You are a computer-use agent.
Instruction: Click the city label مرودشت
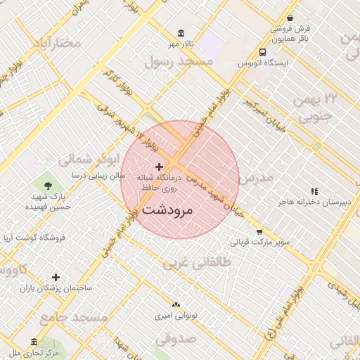pyautogui.click(x=167, y=210)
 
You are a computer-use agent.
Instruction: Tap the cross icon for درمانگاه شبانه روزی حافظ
pyautogui.click(x=160, y=167)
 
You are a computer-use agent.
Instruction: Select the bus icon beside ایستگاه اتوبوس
pyautogui.click(x=262, y=52)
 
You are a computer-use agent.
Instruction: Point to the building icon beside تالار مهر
pyautogui.click(x=182, y=34)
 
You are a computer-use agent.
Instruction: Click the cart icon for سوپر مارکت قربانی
pyautogui.click(x=259, y=231)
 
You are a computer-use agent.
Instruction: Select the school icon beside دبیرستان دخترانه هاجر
pyautogui.click(x=314, y=191)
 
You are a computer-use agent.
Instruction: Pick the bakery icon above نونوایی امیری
pyautogui.click(x=176, y=305)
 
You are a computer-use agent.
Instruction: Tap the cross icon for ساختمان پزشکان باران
pyautogui.click(x=56, y=277)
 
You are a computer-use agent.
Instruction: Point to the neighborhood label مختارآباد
pyautogui.click(x=57, y=44)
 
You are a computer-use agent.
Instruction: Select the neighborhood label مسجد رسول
pyautogui.click(x=178, y=62)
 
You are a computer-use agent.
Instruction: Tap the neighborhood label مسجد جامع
pyautogui.click(x=73, y=319)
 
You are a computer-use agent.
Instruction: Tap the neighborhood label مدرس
pyautogui.click(x=255, y=179)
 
